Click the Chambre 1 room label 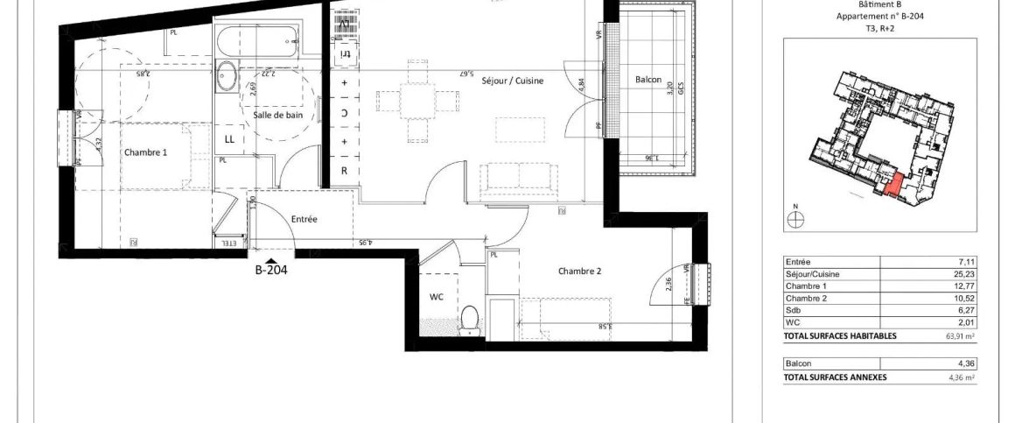click(x=145, y=152)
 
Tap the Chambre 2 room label click(x=580, y=271)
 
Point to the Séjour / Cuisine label click(x=513, y=81)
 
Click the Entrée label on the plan click(x=304, y=219)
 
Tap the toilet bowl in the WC click(x=470, y=320)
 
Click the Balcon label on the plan click(x=648, y=81)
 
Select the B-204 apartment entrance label click(x=271, y=271)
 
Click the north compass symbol click(x=795, y=221)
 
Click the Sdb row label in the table click(x=793, y=310)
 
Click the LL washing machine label click(x=229, y=139)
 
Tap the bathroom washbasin click(x=227, y=77)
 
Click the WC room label click(x=436, y=297)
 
